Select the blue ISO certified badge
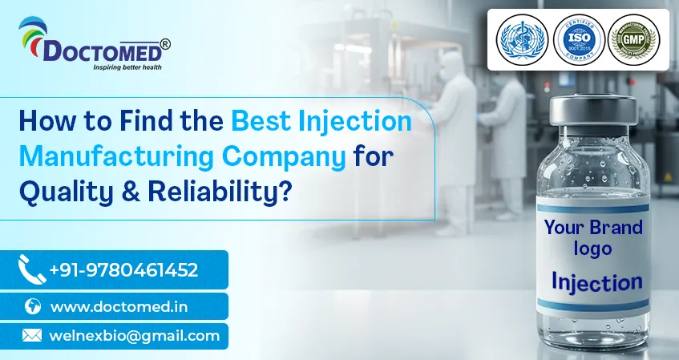coord(573,40)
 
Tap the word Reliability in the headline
coord(209,190)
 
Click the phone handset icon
coord(31,269)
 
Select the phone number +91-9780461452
coord(123,270)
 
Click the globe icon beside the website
coord(33,306)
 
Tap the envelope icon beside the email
coord(32,336)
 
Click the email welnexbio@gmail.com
coord(135,336)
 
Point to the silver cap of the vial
coord(593,111)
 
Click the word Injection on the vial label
coord(596,281)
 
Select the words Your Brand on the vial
coord(593,228)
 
